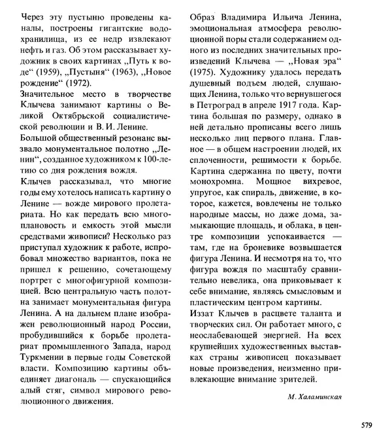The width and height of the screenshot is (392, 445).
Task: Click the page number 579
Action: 366,425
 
